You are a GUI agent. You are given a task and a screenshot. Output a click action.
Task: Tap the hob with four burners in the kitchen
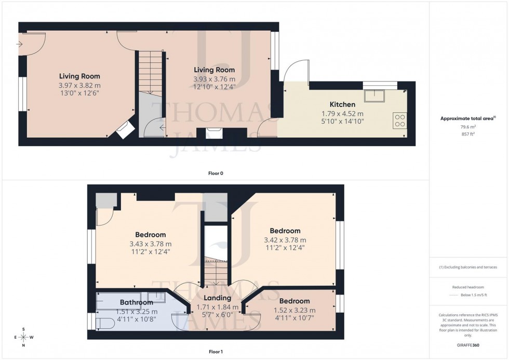pyautogui.click(x=400, y=121)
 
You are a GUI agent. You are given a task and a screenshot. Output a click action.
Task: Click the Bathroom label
pyautogui.click(x=136, y=302)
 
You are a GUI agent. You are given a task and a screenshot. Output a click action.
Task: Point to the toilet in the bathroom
pyautogui.click(x=105, y=323)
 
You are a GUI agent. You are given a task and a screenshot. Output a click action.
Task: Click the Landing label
pyautogui.click(x=217, y=298)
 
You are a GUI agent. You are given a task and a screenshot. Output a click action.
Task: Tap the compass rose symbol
pyautogui.click(x=23, y=337)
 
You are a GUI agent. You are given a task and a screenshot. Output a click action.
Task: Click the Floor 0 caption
pyautogui.click(x=217, y=173)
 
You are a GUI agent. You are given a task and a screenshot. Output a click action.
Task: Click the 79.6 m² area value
pyautogui.click(x=469, y=126)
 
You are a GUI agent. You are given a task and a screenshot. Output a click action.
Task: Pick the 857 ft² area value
pyautogui.click(x=469, y=134)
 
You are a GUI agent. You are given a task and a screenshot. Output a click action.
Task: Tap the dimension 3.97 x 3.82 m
pyautogui.click(x=79, y=85)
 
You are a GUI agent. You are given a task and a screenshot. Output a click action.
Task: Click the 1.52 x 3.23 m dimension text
pyautogui.click(x=294, y=310)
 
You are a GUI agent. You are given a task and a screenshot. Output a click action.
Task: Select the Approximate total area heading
pyautogui.click(x=467, y=118)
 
